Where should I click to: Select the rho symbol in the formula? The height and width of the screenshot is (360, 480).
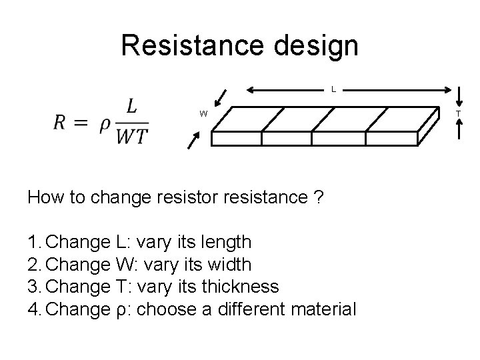(105, 127)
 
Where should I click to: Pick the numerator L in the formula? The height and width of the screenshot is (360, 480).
(132, 107)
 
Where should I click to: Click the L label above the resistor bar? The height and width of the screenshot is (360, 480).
(333, 89)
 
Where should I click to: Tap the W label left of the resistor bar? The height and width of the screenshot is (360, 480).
(203, 114)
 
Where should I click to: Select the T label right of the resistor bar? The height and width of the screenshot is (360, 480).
(458, 114)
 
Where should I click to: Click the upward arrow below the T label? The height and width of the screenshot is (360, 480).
(458, 131)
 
